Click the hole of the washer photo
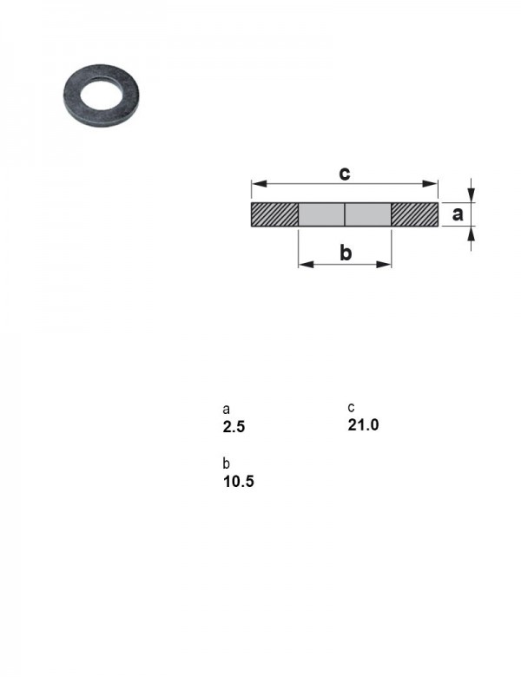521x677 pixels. [100, 93]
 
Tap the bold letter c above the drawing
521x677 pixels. [345, 173]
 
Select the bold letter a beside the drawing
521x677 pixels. [458, 214]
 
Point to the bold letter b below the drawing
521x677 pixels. [346, 253]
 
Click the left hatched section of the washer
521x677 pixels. [274, 214]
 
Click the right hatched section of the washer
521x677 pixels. [415, 214]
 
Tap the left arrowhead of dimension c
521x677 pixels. [259, 183]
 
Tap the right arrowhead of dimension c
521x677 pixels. [431, 183]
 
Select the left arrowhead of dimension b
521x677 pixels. [306, 264]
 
